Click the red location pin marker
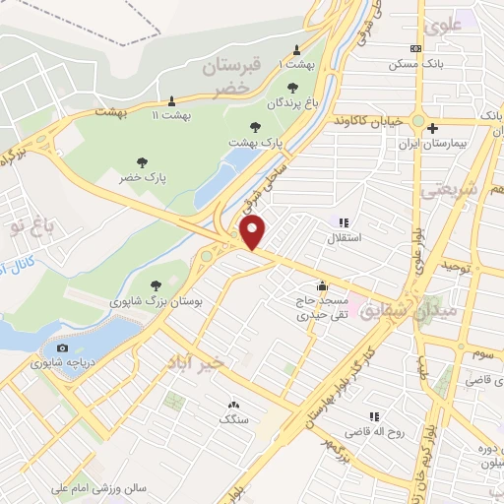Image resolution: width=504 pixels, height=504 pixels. (253, 232)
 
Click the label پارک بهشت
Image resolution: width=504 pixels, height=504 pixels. (255, 142)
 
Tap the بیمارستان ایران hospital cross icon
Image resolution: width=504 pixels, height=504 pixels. (433, 127)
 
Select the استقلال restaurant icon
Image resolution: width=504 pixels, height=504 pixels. (344, 222)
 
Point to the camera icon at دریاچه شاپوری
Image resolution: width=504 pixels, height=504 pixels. (63, 347)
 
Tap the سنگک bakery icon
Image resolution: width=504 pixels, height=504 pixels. (233, 404)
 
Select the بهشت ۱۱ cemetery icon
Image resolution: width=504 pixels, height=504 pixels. (172, 99)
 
